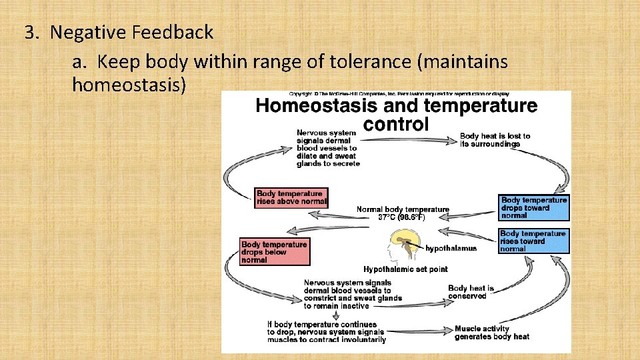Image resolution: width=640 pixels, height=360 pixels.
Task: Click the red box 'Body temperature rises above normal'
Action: coord(291,198)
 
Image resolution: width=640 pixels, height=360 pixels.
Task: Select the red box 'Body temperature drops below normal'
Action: coord(274,252)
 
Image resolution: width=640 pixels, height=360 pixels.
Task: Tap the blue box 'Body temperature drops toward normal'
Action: coord(534,207)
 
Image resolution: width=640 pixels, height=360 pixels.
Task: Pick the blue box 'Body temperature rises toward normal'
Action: coord(533,241)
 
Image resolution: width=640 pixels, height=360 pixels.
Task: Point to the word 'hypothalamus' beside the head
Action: coord(451,248)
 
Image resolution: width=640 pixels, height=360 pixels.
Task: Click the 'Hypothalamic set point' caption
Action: coord(405,269)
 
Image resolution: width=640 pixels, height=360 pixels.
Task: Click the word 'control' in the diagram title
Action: coord(397,124)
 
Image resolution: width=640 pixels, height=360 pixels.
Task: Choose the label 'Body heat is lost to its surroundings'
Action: coord(495,140)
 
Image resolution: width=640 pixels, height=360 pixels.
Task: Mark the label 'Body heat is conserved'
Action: coord(471,292)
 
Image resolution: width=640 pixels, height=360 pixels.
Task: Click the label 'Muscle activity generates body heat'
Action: coord(491,333)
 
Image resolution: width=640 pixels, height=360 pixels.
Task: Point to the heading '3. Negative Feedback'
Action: coord(119,32)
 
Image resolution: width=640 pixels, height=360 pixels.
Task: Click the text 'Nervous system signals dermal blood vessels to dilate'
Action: coord(327,148)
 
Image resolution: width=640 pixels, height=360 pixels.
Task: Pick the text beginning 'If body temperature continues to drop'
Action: coord(326,331)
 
